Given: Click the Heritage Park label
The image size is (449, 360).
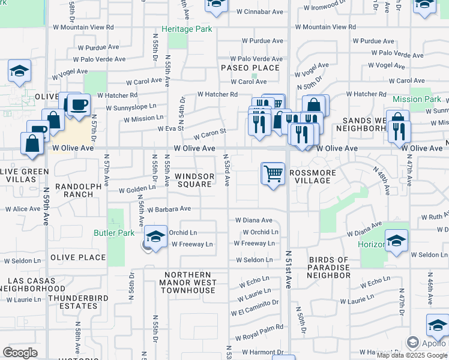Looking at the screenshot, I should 186,29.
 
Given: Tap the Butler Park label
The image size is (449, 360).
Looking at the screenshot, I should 114,233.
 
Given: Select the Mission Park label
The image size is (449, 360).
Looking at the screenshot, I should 417,99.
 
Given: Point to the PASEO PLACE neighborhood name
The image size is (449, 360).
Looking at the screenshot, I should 250,68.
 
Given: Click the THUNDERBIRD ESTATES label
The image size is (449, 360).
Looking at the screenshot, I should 73,302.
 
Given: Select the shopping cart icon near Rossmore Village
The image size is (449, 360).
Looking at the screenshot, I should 273,174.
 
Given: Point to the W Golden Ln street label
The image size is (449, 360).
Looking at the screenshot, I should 137,190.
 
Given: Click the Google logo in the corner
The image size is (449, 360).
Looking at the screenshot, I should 20,353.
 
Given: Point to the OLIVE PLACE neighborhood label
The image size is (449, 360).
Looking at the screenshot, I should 78,257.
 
